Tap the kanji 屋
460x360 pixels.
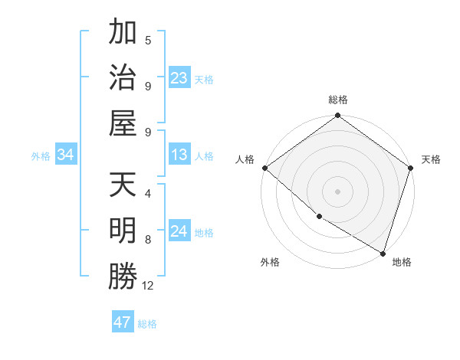pyautogui.click(x=123, y=123)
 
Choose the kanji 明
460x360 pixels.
pyautogui.click(x=123, y=231)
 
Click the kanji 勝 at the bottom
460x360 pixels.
pyautogui.click(x=123, y=277)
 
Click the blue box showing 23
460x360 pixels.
pyautogui.click(x=179, y=78)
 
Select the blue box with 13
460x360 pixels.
pyautogui.click(x=179, y=155)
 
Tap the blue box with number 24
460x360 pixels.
pyautogui.click(x=179, y=232)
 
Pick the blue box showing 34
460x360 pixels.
pyautogui.click(x=65, y=155)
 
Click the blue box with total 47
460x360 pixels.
pyautogui.click(x=123, y=322)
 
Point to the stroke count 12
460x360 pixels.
pyautogui.click(x=148, y=286)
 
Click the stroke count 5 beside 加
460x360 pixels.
pyautogui.click(x=148, y=41)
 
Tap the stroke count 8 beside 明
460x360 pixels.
pyautogui.click(x=148, y=239)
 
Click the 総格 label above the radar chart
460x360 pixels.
pyautogui.click(x=337, y=100)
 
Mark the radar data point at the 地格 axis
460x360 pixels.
pyautogui.click(x=383, y=252)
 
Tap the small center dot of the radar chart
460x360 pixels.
pyautogui.click(x=337, y=191)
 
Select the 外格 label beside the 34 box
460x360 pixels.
pyautogui.click(x=41, y=156)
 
